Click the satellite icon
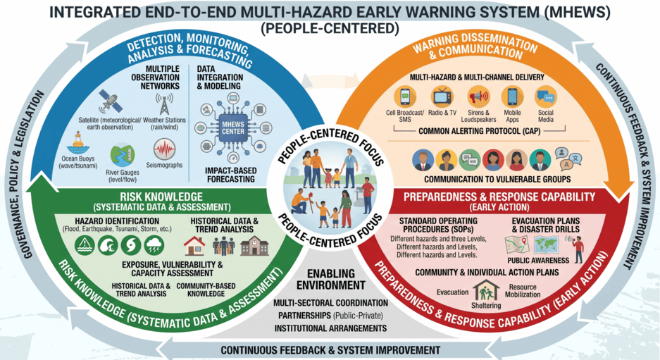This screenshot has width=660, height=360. (x=111, y=101)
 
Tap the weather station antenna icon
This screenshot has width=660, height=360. (x=164, y=103)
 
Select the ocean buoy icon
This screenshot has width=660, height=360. (x=78, y=144)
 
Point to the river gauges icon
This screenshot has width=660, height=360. (x=123, y=156)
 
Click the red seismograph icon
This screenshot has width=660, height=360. (x=164, y=149)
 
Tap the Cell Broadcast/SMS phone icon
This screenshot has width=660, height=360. (x=405, y=97)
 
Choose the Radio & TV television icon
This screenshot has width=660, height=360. (x=442, y=97)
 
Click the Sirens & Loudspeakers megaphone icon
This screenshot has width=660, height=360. (x=478, y=97)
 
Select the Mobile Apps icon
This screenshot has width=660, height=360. (x=512, y=97)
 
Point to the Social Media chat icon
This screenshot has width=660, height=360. (x=546, y=97)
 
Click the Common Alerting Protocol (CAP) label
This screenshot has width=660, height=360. (x=480, y=131)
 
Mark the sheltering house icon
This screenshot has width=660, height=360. (x=486, y=290)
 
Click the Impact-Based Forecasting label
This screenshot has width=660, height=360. (x=230, y=175)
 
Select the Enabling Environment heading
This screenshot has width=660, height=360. (x=331, y=280)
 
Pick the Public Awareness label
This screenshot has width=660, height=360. (x=538, y=260)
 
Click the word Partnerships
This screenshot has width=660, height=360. (x=304, y=316)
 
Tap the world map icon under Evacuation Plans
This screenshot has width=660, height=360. (x=546, y=245)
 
